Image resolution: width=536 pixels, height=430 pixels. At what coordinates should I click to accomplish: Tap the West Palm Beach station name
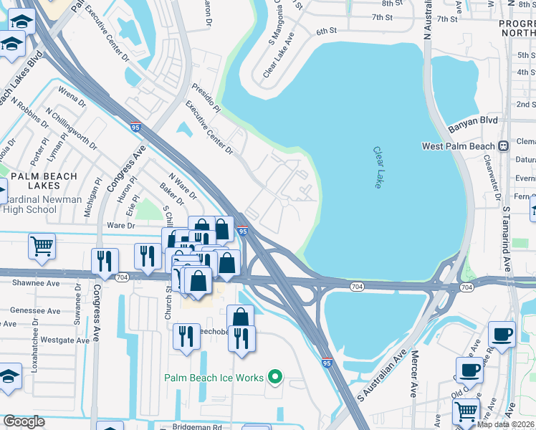point(459,146)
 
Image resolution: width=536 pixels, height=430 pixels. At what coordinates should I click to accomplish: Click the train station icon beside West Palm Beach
point(504,145)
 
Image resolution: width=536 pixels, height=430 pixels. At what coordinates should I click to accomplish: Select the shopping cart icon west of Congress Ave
point(42,246)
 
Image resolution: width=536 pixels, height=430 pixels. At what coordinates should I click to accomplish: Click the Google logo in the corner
point(24,421)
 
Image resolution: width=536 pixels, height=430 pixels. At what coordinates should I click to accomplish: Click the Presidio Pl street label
point(206,98)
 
